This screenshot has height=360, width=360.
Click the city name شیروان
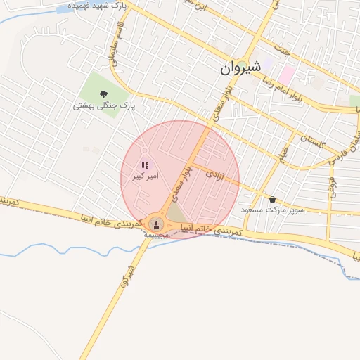[x=239, y=67]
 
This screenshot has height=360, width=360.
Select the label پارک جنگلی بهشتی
[x=104, y=106]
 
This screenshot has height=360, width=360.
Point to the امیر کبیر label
[x=146, y=176]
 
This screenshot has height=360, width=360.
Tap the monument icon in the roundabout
[x=156, y=224]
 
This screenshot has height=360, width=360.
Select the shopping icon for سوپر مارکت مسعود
[x=272, y=199]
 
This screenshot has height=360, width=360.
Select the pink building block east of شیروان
[x=287, y=74]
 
